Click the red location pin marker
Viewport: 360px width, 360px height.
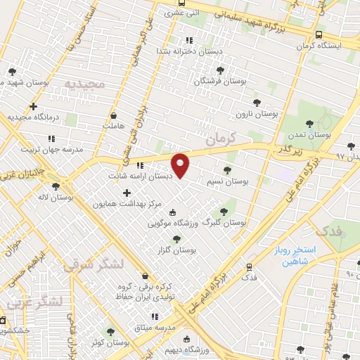click(181, 165)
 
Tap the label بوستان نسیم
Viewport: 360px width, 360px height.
click(228, 181)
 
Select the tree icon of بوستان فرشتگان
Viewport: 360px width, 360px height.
click(220, 70)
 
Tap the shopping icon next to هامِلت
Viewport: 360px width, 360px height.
click(114, 115)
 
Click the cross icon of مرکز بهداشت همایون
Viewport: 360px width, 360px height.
click(127, 193)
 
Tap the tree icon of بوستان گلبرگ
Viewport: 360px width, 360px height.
click(224, 210)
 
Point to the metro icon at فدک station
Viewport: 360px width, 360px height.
click(248, 266)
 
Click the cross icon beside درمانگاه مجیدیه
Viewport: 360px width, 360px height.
click(33, 106)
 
